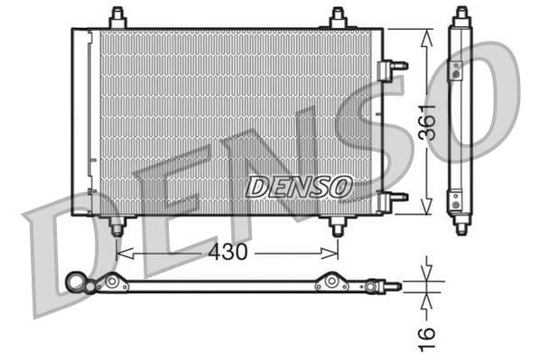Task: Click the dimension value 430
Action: click(228, 254)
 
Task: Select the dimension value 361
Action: click(428, 121)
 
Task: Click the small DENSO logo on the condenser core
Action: click(298, 187)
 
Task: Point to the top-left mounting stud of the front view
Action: click(118, 18)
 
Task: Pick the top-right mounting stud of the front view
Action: click(338, 18)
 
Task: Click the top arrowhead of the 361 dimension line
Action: click(426, 32)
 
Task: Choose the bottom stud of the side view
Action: click(461, 226)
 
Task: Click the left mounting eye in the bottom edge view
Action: click(114, 283)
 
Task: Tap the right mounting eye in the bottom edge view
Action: click(331, 283)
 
